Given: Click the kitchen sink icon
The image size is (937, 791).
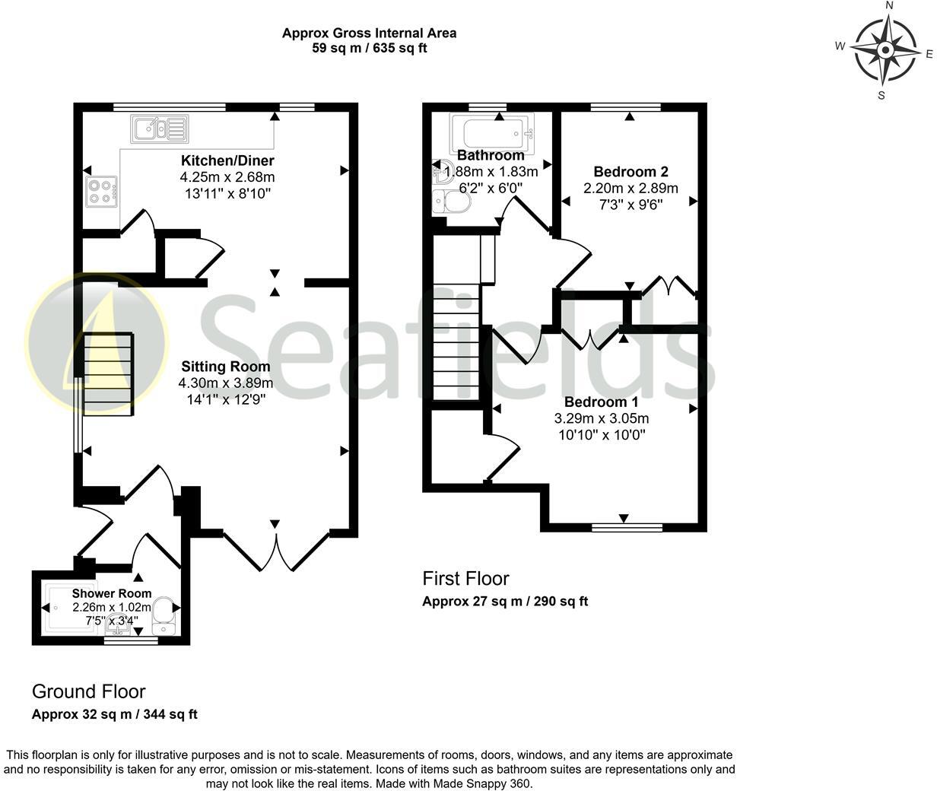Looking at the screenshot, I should click(159, 129).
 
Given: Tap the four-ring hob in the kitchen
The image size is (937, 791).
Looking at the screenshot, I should click(101, 191).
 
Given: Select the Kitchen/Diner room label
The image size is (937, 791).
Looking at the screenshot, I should click(227, 160).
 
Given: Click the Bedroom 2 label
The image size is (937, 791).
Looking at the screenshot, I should click(630, 172).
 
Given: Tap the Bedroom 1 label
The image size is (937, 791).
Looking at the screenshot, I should click(601, 402).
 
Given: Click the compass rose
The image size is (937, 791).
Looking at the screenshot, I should click(885, 51).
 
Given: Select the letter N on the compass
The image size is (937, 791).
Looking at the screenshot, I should click(889, 6).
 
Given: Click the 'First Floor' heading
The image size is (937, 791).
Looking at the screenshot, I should click(465, 579).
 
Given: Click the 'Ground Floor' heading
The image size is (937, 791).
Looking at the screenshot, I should click(88, 691).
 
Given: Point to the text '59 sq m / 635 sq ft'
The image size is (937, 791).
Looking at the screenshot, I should click(369, 48).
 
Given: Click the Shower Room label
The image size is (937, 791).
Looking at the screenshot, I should click(112, 593).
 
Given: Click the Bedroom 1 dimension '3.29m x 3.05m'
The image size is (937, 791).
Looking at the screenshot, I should click(601, 418).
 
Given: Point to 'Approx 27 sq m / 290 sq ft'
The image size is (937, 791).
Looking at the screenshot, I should click(505, 602).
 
